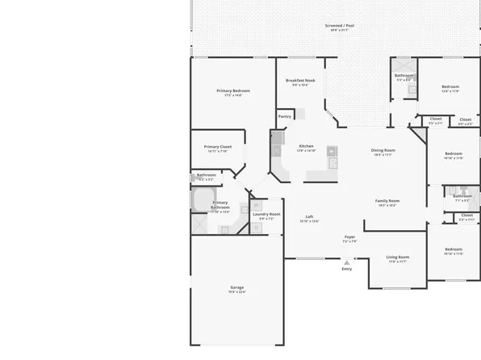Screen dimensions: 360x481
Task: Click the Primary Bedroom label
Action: click(234, 90)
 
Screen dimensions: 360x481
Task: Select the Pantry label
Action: click(284, 116)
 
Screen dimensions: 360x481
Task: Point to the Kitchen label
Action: click(306, 147)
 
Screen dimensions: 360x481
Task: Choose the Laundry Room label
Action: click(266, 214)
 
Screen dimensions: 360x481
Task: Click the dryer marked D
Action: click(255, 228)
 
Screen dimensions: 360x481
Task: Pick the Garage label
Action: click(237, 287)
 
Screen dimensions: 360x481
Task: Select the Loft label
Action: click(309, 216)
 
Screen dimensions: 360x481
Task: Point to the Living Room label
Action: click(397, 257)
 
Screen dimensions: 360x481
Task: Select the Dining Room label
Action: click(383, 150)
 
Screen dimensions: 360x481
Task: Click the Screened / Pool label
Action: click(339, 26)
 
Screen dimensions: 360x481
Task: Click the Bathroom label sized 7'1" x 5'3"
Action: click(462, 195)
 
